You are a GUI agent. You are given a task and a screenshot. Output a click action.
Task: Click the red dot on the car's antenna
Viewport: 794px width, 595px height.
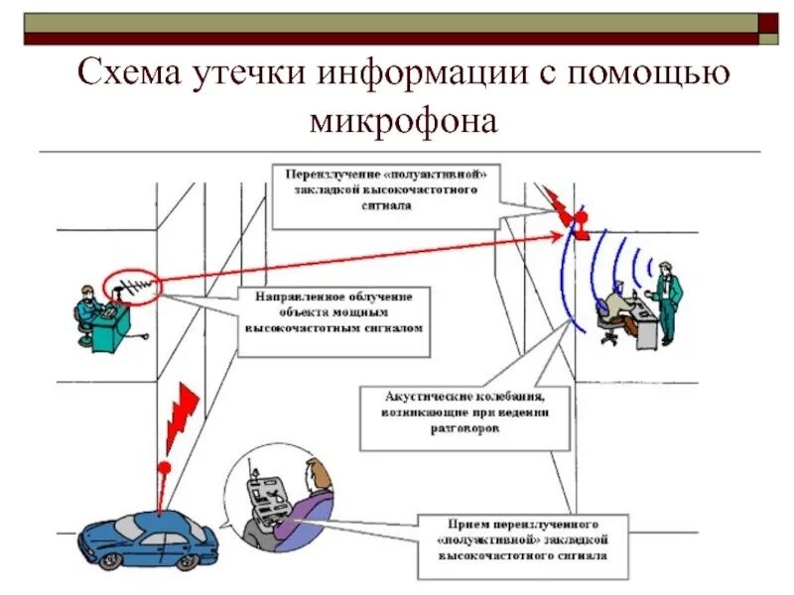click(165, 466)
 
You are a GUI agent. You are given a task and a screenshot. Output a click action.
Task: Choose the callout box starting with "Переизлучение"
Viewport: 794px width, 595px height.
click(388, 189)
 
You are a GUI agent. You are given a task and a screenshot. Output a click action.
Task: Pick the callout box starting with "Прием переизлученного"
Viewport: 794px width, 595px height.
click(522, 546)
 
